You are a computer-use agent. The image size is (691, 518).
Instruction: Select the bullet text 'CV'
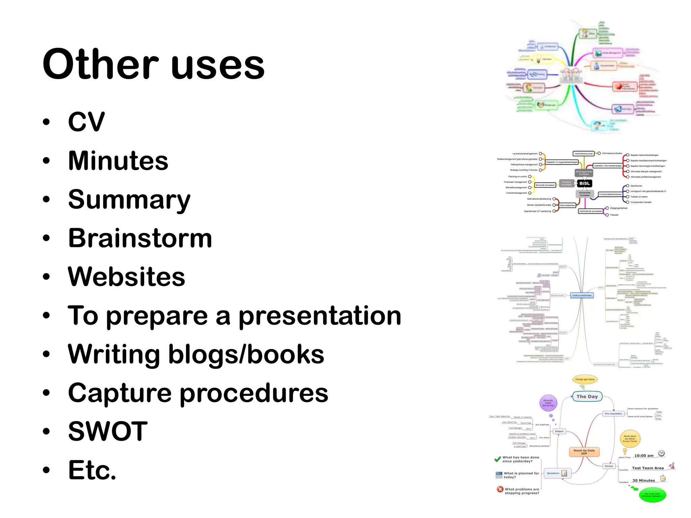pos(86,122)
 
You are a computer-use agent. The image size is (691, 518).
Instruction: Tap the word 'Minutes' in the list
pos(118,161)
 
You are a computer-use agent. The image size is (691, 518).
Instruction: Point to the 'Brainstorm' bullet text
pos(140,238)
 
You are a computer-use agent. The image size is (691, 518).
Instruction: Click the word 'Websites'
pos(127,277)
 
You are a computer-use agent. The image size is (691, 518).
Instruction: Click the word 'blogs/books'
pos(246,354)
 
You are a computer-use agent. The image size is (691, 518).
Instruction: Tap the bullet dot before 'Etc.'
pos(47,470)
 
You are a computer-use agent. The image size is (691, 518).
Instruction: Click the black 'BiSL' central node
pos(584,183)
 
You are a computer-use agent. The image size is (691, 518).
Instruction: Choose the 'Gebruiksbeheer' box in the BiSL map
pos(567,205)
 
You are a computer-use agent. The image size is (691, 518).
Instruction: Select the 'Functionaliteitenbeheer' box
pos(610,194)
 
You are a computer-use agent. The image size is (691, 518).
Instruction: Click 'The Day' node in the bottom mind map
pos(587,397)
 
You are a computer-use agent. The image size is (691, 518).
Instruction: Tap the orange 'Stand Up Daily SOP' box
pos(584,452)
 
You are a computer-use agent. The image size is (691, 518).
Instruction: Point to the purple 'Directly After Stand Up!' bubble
pos(548,403)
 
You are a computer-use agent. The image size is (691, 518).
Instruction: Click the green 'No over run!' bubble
pos(653,495)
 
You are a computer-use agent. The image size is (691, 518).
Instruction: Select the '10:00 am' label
pos(644,456)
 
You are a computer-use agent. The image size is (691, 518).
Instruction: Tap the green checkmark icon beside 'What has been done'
pos(497,459)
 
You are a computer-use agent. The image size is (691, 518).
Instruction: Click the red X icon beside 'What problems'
pos(500,489)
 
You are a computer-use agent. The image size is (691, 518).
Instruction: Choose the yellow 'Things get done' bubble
pos(585,379)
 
